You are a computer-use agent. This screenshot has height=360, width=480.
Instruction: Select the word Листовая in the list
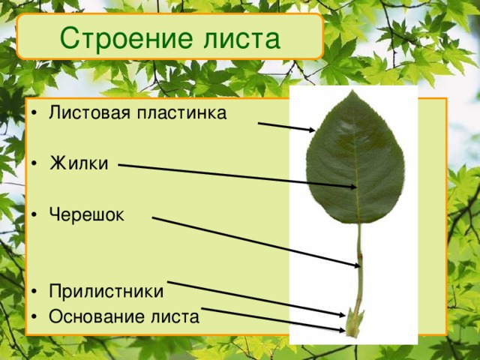pyautogui.click(x=85, y=114)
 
